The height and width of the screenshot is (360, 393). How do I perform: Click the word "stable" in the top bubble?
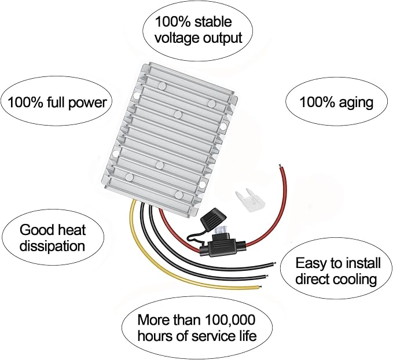pyautogui.click(x=213, y=22)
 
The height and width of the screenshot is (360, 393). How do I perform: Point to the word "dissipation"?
pyautogui.click(x=53, y=246)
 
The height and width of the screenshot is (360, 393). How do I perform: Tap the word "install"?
pyautogui.click(x=363, y=263)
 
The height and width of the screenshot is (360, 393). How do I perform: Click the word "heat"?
pyautogui.click(x=70, y=230)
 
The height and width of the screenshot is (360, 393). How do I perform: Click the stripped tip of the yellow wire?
pyautogui.click(x=261, y=286)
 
